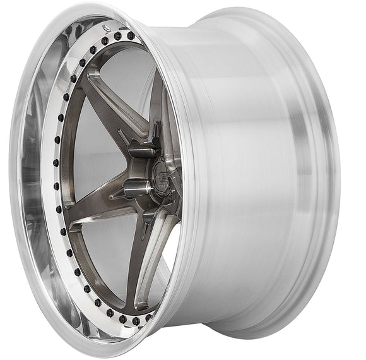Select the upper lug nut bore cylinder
141,150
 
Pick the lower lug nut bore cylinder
136,188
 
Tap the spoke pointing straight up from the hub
156,107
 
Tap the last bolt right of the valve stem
132,36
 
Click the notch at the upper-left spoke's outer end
93,75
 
